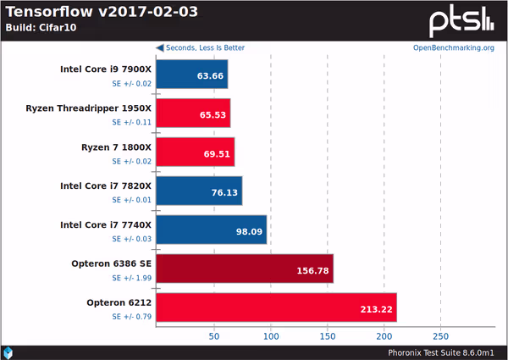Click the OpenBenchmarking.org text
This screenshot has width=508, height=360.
tap(453, 47)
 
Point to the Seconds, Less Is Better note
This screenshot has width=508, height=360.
tap(200, 47)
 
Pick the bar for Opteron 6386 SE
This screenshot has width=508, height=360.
tap(246, 269)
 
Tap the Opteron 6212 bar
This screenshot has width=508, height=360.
tap(277, 307)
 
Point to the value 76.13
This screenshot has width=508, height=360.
tap(225, 191)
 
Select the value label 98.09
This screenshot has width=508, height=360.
tap(250, 230)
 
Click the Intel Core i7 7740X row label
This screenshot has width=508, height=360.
tap(105, 224)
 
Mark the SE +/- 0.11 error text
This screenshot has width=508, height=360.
tap(131, 122)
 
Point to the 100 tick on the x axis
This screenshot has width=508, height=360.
tap(270, 335)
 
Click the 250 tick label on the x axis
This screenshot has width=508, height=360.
tap(440, 335)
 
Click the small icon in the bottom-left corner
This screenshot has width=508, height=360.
tap(8, 352)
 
